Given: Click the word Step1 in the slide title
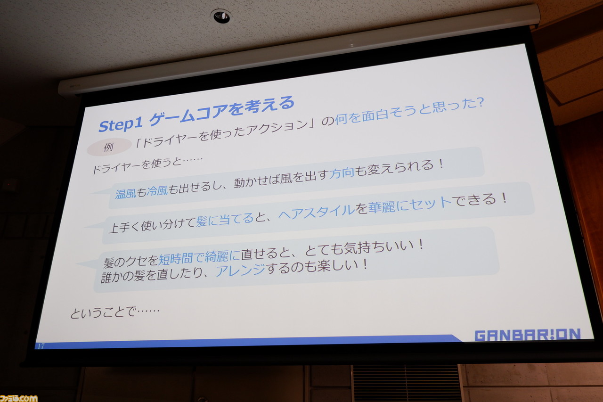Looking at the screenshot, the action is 121,124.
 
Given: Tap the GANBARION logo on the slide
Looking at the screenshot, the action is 528,335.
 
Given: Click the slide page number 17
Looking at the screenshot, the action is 41,346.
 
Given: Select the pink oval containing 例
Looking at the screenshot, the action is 109,147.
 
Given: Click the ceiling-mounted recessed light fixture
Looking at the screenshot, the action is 221,16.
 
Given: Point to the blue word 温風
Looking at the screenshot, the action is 126,193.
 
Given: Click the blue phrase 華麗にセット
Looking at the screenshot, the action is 409,205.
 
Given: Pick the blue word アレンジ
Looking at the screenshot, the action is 240,271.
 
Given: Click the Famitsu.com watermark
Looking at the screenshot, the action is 19,398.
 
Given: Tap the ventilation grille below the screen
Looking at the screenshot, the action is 406,383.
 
